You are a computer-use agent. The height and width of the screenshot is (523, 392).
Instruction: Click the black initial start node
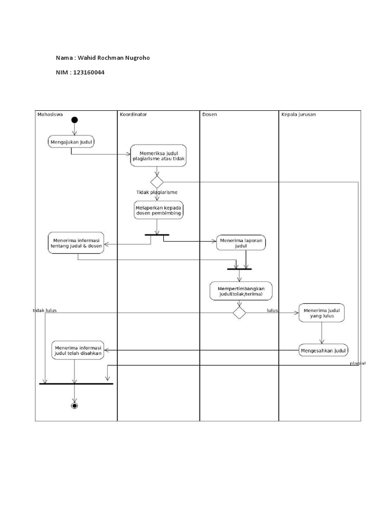pos(75,120)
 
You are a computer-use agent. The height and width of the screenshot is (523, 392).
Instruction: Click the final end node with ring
pos(75,406)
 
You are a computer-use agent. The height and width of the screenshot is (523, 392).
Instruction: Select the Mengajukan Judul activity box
pos(71,141)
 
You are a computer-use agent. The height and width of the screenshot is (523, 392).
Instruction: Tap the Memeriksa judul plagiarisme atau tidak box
pos(158,156)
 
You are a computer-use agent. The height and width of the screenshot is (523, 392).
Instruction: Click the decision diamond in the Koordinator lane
pos(157,181)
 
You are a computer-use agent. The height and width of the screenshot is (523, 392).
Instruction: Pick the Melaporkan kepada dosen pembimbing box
pos(158,210)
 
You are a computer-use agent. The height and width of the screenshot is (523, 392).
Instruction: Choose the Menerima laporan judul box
pos(241,243)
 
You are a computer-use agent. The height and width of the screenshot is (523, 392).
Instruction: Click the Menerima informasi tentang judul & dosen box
pos(76,242)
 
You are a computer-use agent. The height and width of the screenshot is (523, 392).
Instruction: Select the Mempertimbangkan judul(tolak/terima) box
pos(241,291)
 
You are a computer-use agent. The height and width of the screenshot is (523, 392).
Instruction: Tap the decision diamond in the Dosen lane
pos(239,313)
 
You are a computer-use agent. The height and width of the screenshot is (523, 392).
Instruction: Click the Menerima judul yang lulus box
pos(322,313)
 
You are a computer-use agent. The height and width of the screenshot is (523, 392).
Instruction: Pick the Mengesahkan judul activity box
pos(323,350)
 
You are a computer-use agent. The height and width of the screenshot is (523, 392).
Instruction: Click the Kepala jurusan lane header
pos(298,114)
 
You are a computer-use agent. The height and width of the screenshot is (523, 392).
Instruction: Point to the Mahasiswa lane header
pos(50,114)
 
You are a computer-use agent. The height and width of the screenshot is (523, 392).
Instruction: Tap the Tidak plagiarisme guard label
pos(157,193)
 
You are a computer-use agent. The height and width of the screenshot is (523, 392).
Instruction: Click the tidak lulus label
pos(44,310)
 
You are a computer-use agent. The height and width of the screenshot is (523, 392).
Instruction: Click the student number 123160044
pos(89,73)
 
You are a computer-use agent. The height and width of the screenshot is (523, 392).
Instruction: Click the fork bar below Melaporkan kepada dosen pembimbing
pos(157,235)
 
